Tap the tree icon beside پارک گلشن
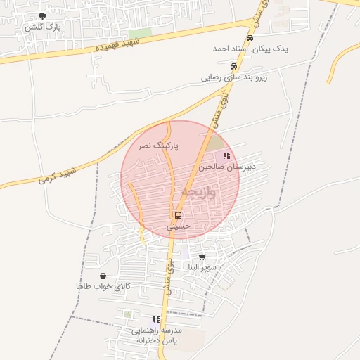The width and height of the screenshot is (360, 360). tap(43, 16)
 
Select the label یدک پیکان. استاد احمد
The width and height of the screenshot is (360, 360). tap(250, 49)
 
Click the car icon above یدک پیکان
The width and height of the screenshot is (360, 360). tap(250, 39)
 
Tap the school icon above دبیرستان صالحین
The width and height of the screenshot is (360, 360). tap(226, 156)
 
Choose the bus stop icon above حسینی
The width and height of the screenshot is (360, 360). tap(178, 215)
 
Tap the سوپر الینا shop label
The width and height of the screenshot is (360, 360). tap(202, 268)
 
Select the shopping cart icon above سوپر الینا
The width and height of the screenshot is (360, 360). tap(202, 258)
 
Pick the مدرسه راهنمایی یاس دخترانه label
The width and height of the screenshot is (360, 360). tap(156, 334)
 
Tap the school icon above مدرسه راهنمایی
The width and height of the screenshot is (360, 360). tap(156, 319)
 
